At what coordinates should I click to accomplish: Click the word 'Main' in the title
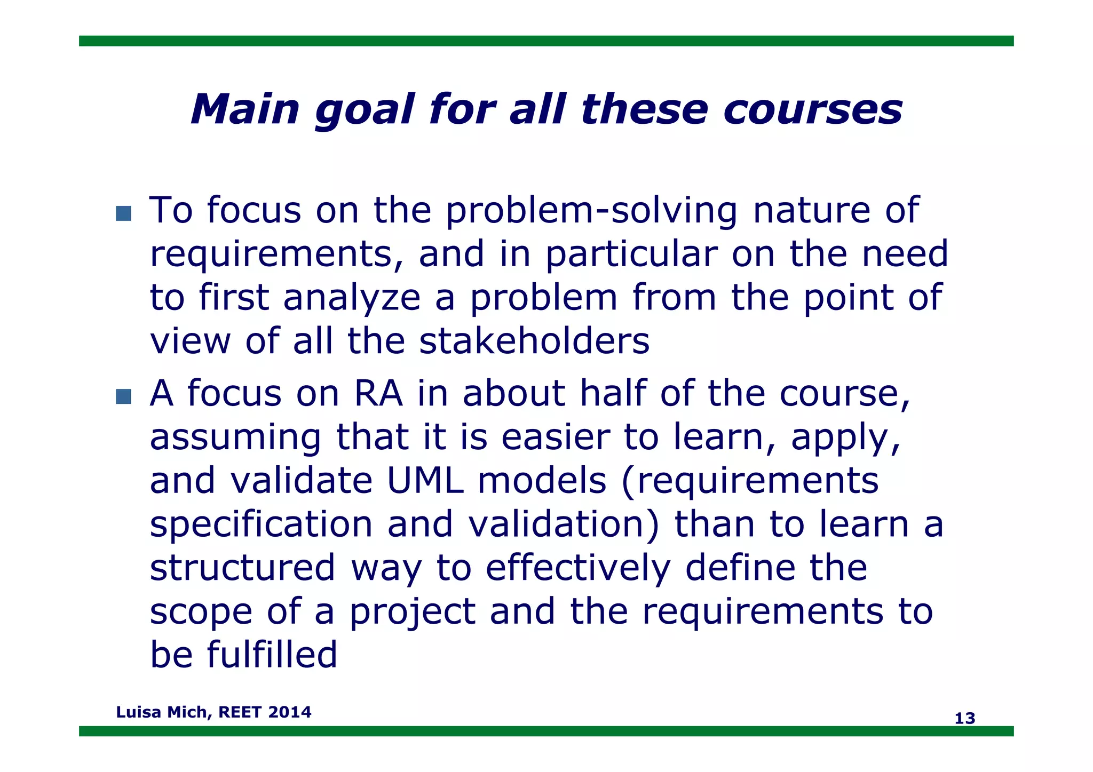coord(245,110)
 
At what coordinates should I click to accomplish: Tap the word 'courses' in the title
coord(813,110)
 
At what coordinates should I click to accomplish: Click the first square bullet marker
coord(123,214)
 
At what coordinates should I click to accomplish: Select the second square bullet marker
coord(123,396)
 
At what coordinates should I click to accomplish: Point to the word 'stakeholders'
coord(534,341)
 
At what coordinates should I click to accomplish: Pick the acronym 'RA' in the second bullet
coord(378,394)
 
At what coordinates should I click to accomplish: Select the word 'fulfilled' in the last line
coord(272,655)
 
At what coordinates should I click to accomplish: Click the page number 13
coord(964,719)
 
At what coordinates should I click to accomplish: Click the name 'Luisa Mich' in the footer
coord(162,712)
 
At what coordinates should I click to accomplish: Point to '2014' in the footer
coord(290,712)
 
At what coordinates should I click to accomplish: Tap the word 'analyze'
coord(352,298)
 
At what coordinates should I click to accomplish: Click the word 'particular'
coord(631,254)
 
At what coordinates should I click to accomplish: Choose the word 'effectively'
coord(577,568)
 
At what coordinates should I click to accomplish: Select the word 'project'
coord(413,612)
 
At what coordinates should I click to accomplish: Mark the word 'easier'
coord(555,437)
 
